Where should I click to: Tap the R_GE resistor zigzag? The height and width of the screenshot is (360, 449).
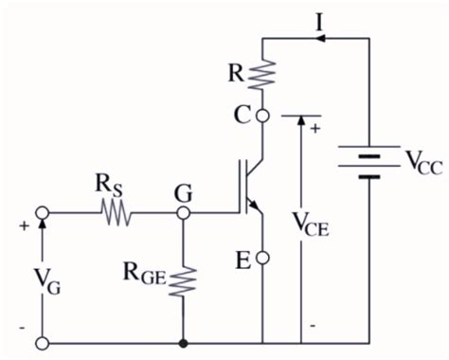point(181,282)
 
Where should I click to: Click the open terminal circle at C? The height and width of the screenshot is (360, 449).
point(262,117)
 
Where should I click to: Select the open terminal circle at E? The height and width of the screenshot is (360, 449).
point(262,258)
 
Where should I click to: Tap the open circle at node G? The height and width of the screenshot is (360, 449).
point(181,214)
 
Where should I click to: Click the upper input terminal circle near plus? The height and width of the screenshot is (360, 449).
point(42,214)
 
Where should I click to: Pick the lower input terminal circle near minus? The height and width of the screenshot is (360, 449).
point(42,341)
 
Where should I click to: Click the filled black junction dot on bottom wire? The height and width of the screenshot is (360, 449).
point(181,341)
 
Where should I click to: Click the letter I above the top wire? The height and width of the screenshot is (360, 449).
point(320,19)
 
